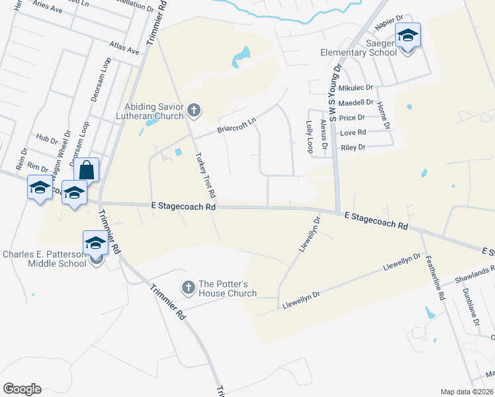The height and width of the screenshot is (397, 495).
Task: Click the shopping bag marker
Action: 87,170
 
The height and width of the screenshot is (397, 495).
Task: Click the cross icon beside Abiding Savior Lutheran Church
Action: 193,110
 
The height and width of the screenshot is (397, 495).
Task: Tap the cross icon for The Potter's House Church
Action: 188,287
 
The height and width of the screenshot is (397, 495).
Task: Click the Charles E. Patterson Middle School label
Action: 44,259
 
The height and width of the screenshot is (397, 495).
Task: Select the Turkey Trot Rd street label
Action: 205,176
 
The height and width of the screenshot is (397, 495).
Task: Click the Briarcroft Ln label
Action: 237,125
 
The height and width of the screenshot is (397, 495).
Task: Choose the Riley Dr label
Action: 352,148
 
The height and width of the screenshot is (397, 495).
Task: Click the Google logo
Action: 22,389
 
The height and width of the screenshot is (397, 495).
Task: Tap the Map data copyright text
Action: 467,392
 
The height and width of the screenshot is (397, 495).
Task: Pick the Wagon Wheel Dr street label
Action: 64,157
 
